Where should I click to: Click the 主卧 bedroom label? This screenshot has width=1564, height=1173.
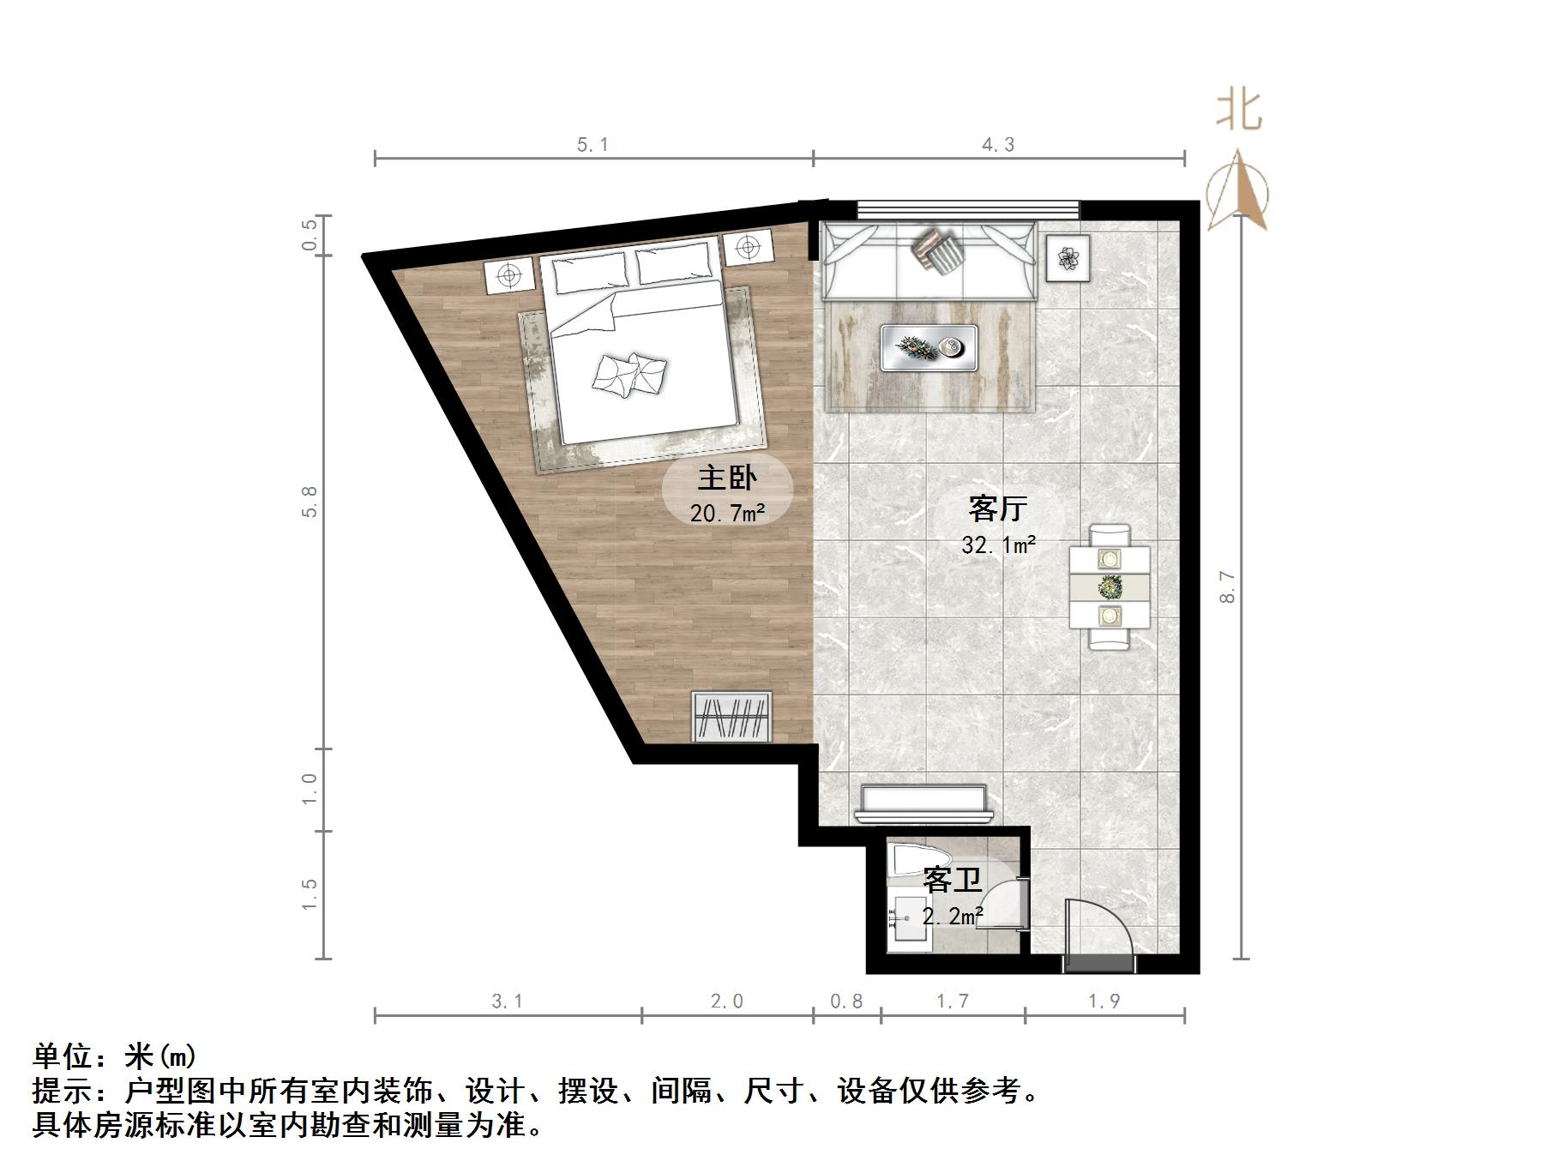(727, 478)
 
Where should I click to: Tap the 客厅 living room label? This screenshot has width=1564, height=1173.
(997, 508)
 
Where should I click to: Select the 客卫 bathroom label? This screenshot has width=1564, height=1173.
(952, 880)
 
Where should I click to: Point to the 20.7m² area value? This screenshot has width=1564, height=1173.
(727, 514)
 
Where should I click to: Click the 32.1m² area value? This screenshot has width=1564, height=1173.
(998, 544)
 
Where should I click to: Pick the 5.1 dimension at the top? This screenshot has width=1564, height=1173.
(593, 145)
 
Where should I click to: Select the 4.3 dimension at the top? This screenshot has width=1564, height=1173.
(998, 145)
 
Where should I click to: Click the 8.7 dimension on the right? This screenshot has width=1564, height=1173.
(1228, 586)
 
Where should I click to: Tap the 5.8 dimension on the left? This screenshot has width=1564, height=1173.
(310, 502)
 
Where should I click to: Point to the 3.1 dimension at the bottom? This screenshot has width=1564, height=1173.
(507, 1001)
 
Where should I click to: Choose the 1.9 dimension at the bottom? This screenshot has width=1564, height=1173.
(1104, 1001)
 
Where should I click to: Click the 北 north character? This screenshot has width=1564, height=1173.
(1239, 111)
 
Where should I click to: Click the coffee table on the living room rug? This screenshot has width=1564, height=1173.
(929, 347)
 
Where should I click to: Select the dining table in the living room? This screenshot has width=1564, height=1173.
(1110, 587)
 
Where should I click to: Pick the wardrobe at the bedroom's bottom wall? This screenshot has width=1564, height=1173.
(731, 717)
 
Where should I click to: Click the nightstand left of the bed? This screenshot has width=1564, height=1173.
(509, 276)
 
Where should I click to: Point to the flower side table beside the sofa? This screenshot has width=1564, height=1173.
(1068, 257)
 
